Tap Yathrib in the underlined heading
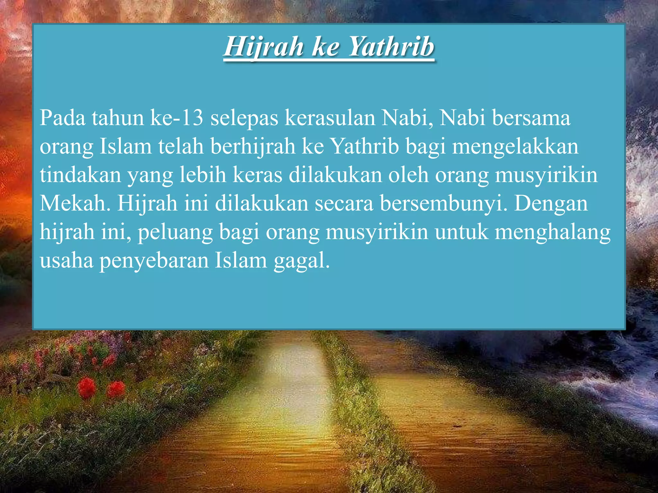point(391,47)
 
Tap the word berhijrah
point(253,146)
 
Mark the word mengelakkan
point(515,146)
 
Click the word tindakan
point(80,175)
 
